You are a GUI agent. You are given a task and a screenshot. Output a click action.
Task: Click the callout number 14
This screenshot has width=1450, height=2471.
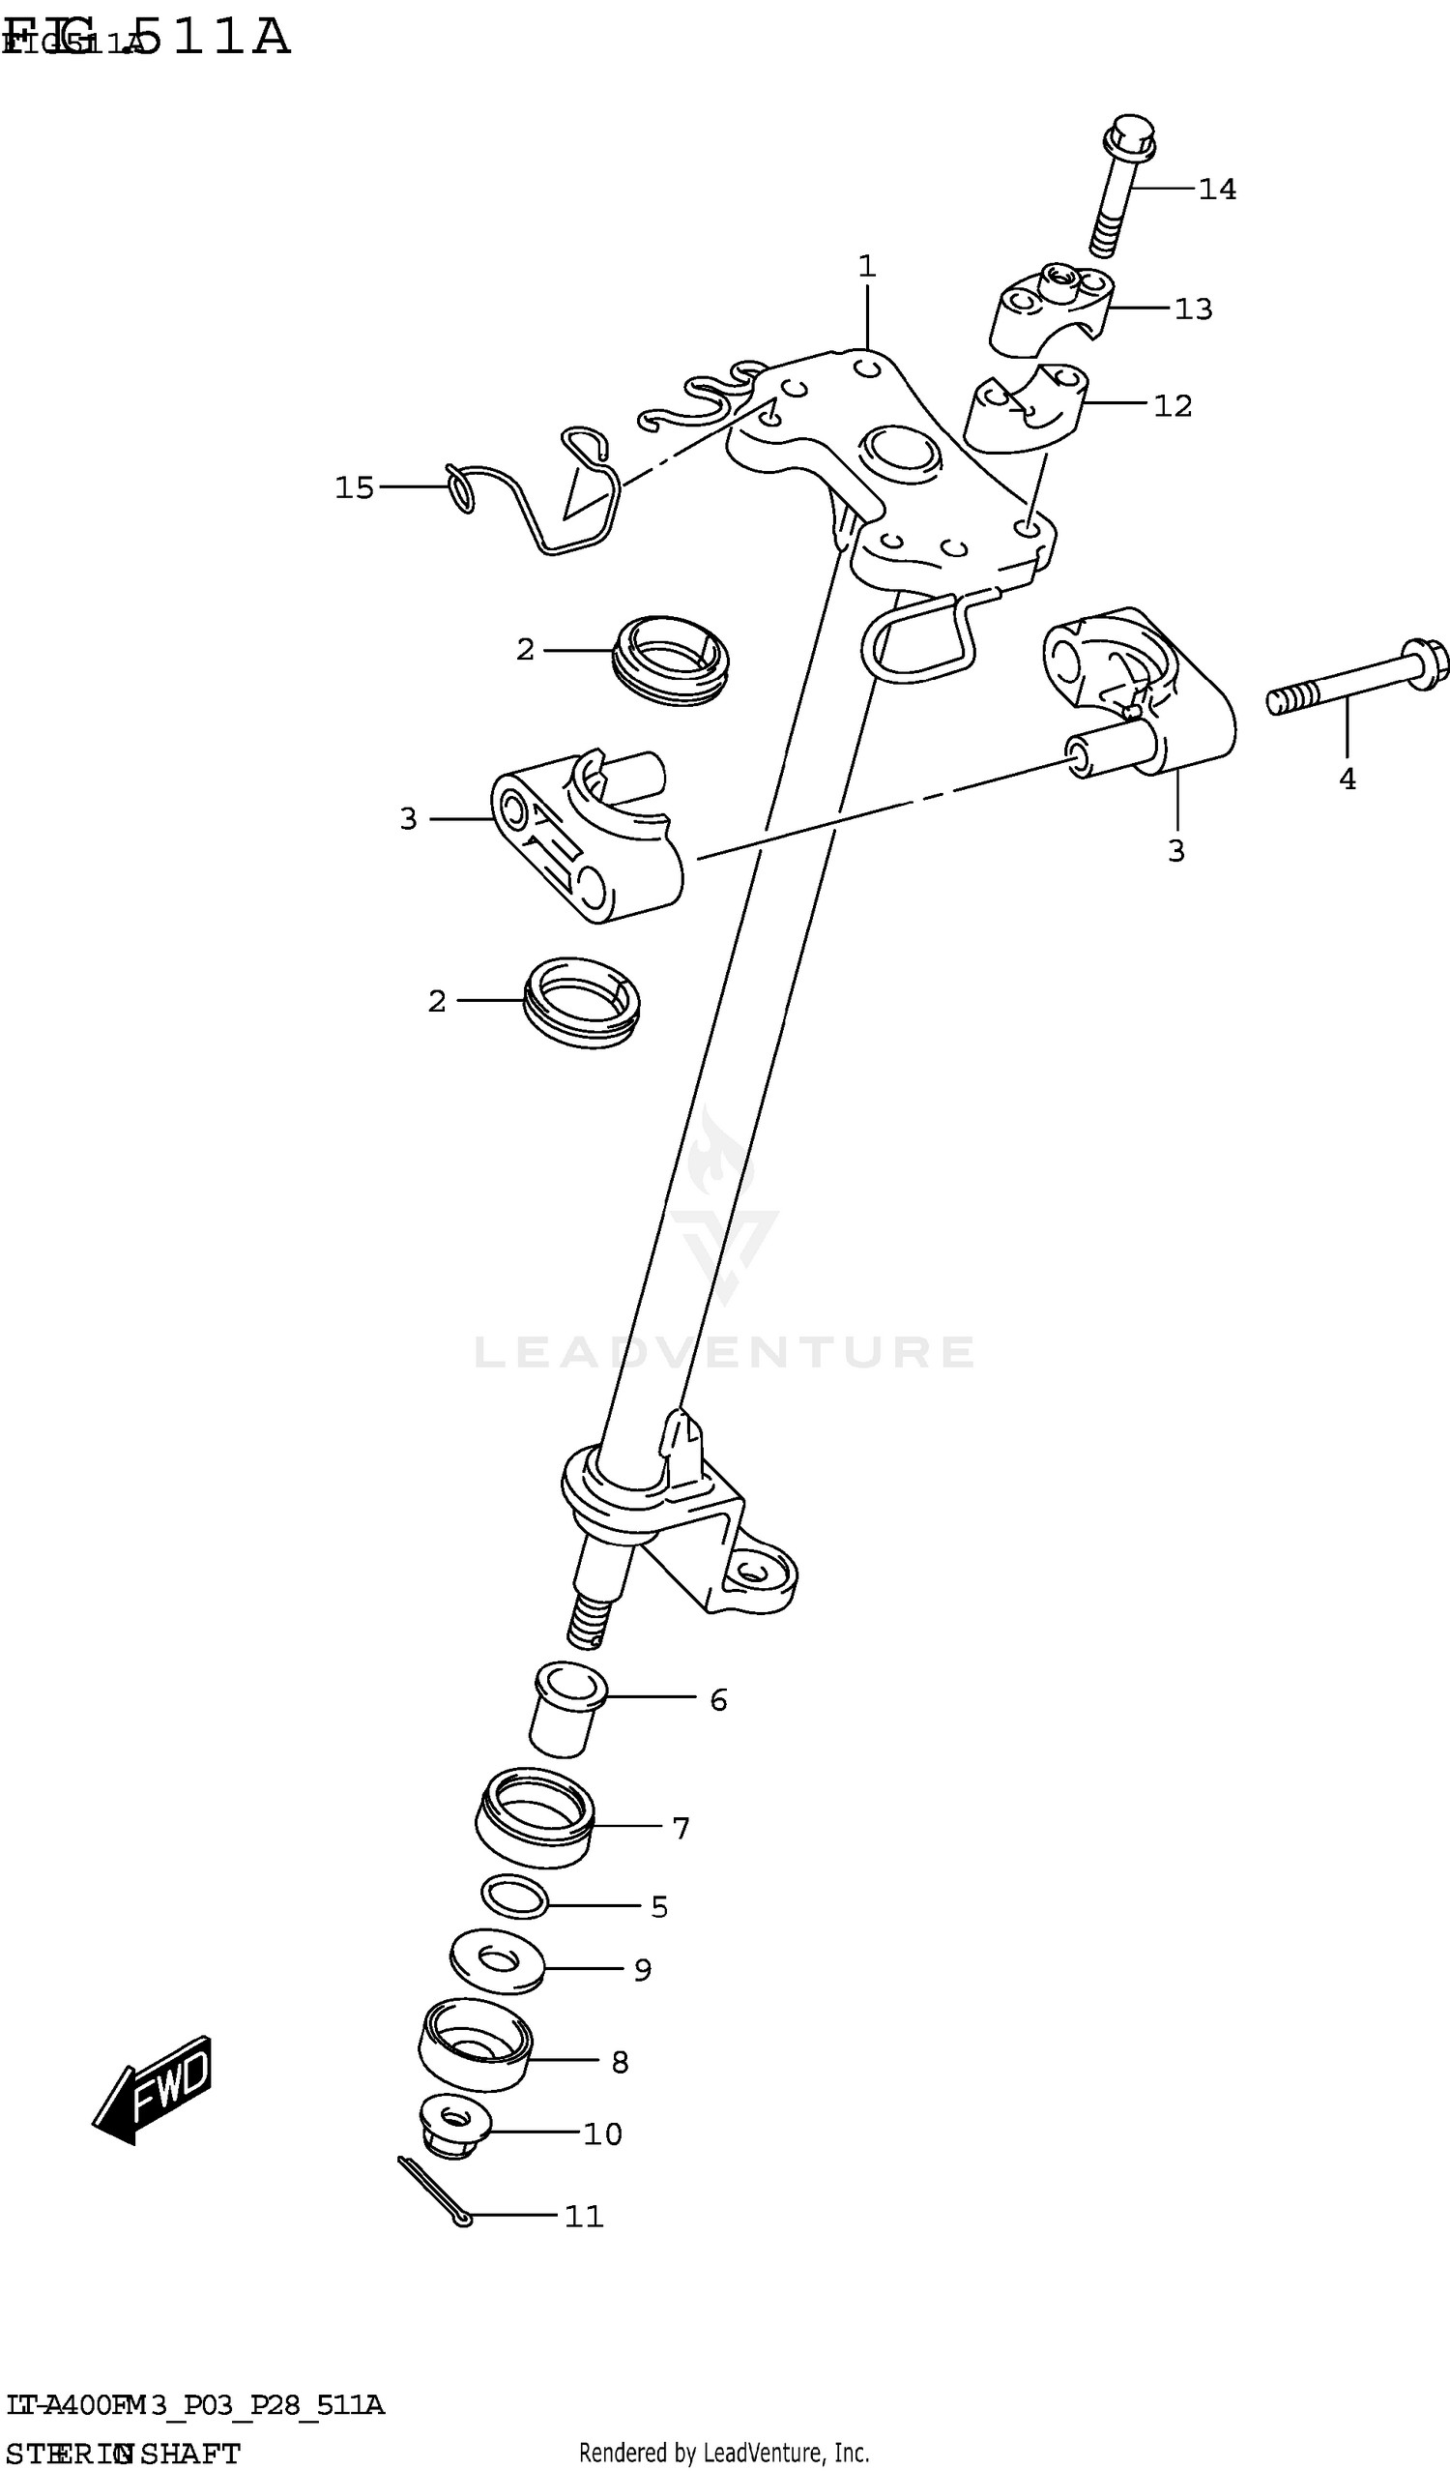point(1218,189)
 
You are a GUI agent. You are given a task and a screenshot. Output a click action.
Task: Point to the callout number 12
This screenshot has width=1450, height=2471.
point(1173,405)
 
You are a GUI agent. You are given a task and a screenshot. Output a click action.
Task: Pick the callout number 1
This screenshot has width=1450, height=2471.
point(867,266)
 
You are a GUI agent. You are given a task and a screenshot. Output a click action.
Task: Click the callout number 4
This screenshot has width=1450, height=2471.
point(1348,779)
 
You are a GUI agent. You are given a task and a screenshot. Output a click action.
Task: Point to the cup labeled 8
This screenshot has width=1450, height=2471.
point(476,2056)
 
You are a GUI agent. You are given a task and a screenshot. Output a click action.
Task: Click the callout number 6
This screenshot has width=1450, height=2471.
point(718,1699)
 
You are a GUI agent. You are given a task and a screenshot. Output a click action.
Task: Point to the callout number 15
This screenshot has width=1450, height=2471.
point(354,487)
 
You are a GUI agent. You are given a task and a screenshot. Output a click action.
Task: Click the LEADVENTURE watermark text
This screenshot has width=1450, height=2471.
point(724,1351)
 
